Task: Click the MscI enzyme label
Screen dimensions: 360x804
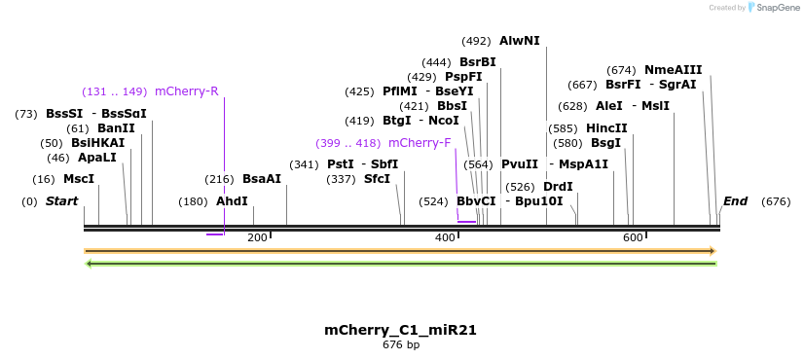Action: click(79, 179)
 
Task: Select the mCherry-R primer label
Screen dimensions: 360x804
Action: click(186, 91)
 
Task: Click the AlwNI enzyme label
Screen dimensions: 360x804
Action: click(519, 41)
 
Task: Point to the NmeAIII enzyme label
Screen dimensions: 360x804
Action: click(673, 70)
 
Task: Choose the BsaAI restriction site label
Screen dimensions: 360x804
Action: click(262, 179)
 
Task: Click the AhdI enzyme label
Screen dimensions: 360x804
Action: click(232, 201)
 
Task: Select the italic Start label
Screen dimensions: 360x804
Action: click(61, 201)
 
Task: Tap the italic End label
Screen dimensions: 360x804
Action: click(735, 201)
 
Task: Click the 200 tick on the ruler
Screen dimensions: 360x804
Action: click(257, 237)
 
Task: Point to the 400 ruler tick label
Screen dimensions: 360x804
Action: click(445, 237)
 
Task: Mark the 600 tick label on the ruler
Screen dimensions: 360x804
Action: click(633, 237)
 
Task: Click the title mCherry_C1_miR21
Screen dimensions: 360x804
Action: click(400, 330)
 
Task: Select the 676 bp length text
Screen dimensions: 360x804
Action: click(400, 344)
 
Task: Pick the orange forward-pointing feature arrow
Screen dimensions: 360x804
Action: click(400, 251)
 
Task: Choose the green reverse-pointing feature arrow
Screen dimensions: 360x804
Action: click(400, 263)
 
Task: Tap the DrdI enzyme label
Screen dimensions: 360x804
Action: click(558, 187)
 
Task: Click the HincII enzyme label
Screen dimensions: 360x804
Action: click(606, 128)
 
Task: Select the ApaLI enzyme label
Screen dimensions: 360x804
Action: click(96, 158)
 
